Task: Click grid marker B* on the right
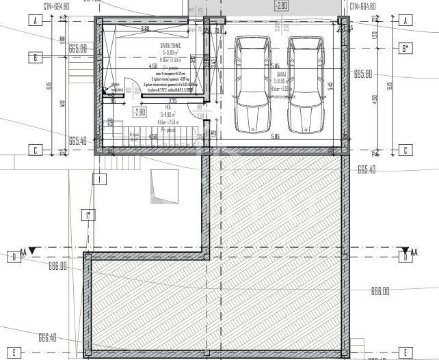click(405, 49)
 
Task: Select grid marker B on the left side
click(34, 58)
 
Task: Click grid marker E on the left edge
click(14, 352)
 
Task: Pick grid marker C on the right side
click(405, 150)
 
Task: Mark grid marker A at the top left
click(34, 21)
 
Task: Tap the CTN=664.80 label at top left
click(57, 6)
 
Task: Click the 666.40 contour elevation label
click(47, 337)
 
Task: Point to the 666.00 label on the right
click(380, 290)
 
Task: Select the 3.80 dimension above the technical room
click(145, 29)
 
